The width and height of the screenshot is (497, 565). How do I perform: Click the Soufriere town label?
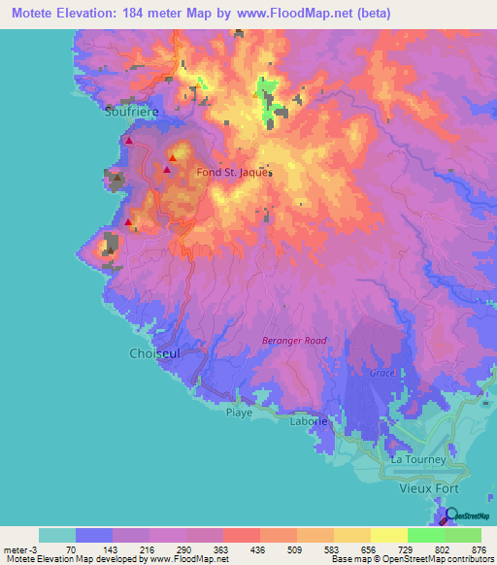[x=131, y=112]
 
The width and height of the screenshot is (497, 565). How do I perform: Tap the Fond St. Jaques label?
[x=234, y=173]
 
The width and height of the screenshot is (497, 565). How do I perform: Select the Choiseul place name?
[x=154, y=354]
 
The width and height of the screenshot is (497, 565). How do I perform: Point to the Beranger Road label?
[x=294, y=341]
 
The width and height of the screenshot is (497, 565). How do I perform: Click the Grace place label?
[x=381, y=373]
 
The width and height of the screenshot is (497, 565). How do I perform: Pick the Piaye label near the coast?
[x=239, y=413]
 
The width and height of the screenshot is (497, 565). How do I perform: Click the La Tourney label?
[x=416, y=459]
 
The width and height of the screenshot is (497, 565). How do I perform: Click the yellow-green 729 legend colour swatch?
[x=389, y=535]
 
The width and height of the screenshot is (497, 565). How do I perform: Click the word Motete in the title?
[x=30, y=13]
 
